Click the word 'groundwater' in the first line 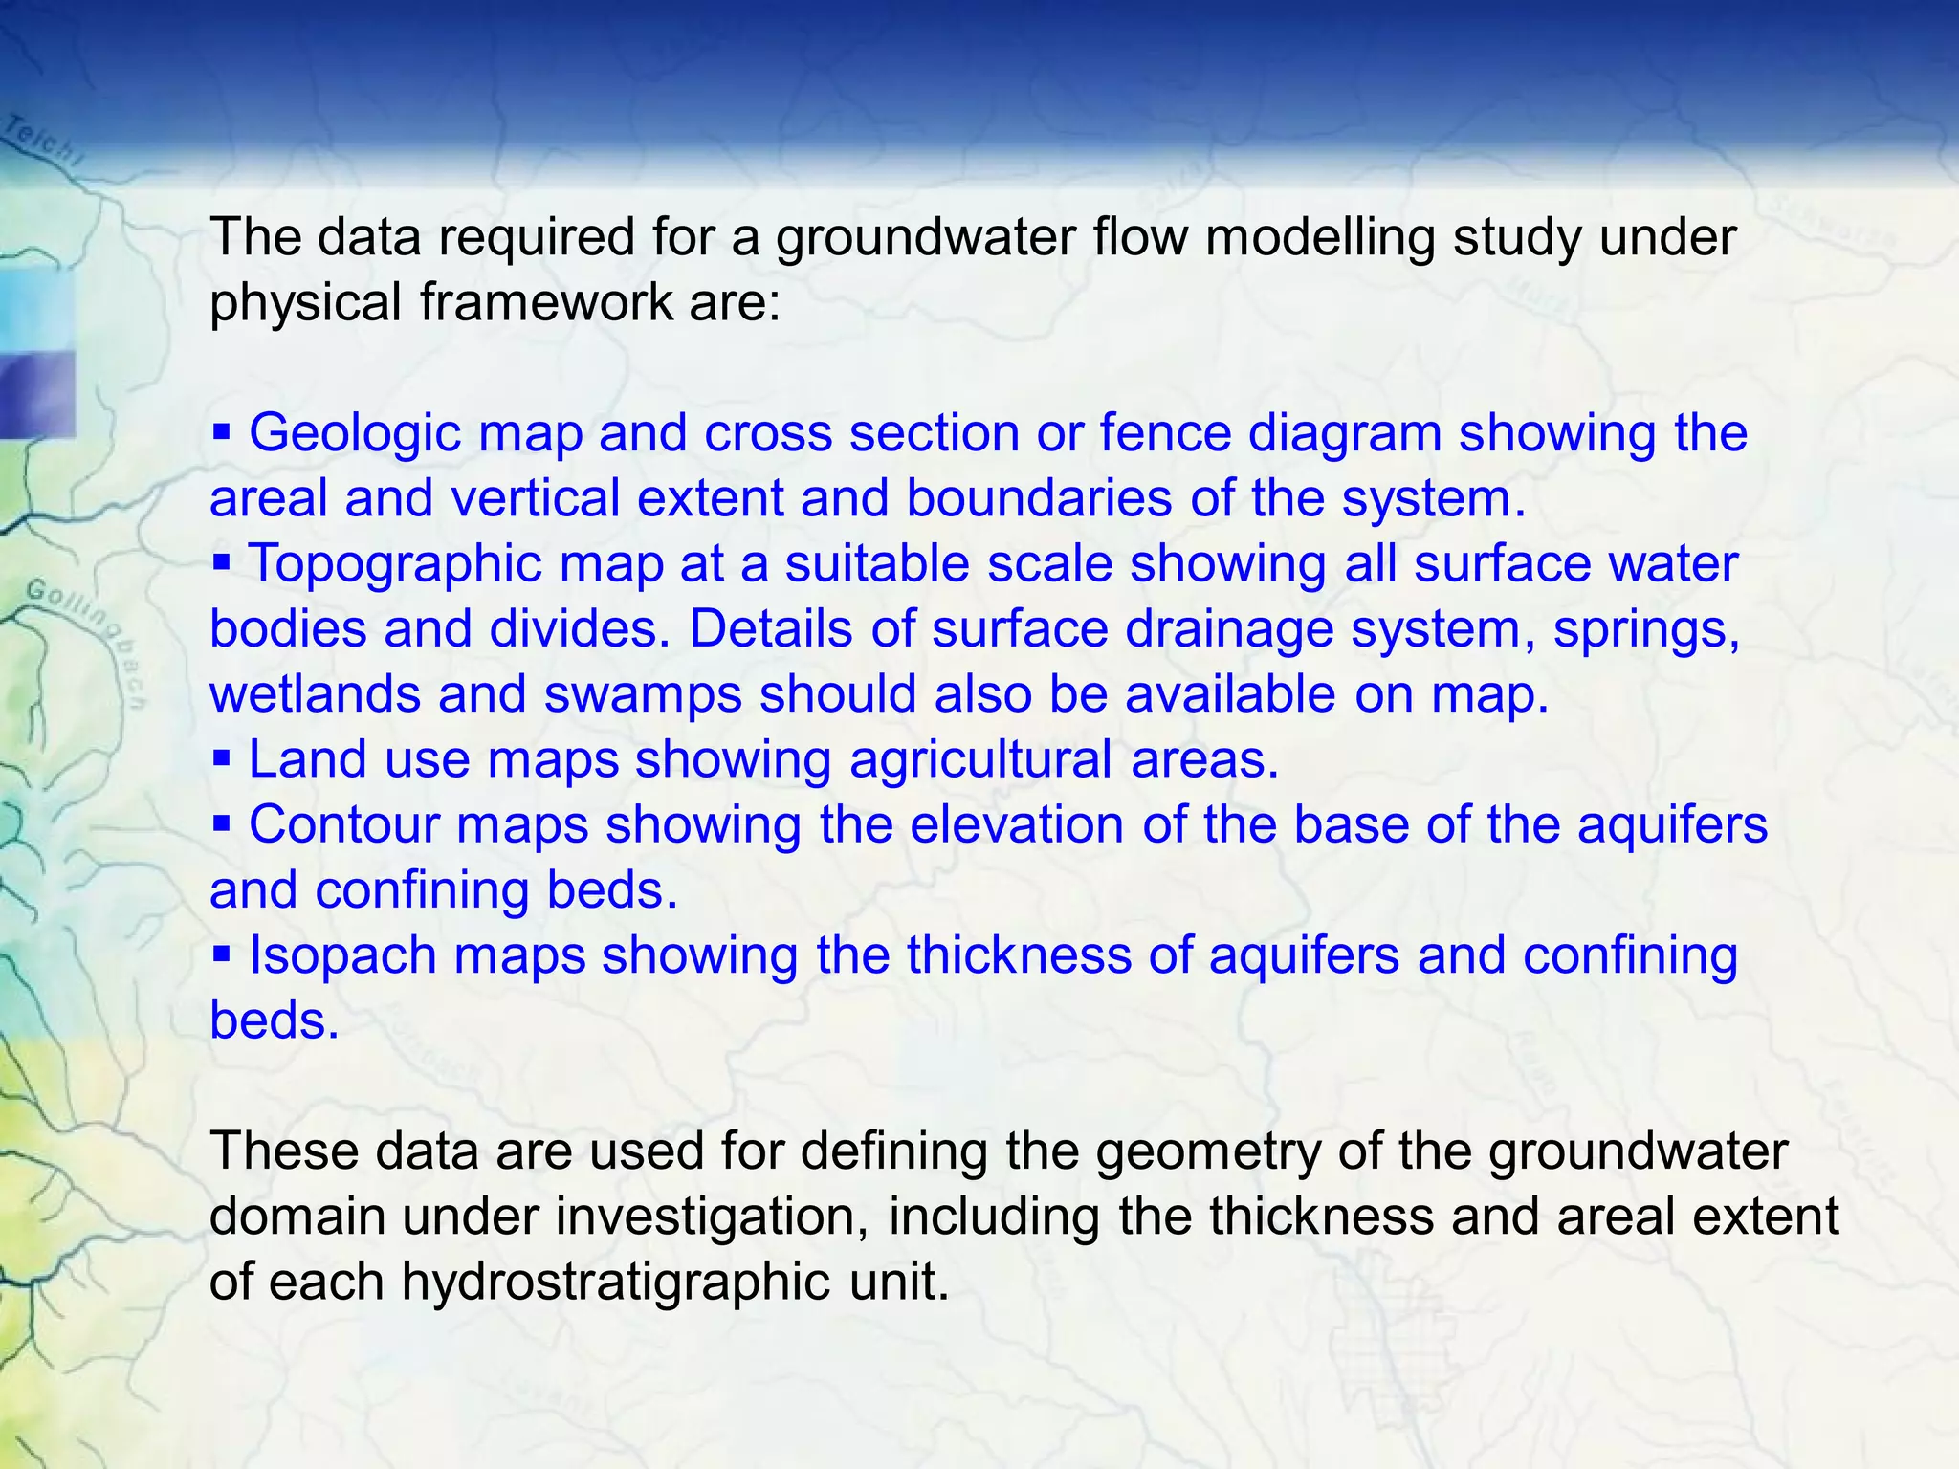coord(924,237)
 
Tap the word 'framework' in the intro coord(547,302)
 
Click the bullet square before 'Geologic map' coord(222,433)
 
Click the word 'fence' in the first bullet coord(1165,433)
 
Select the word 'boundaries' coord(1039,498)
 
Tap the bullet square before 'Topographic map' coord(222,563)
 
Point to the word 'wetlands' coord(315,694)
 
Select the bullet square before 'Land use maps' coord(222,759)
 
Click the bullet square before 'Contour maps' coord(222,824)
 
